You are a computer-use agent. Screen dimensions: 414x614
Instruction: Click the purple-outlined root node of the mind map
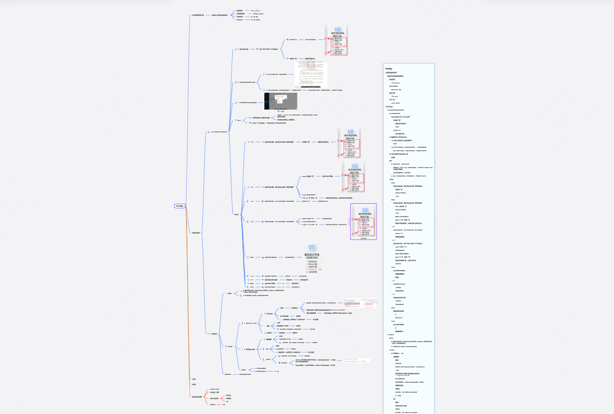tap(180, 206)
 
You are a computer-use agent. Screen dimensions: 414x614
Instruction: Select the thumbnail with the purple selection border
tap(364, 221)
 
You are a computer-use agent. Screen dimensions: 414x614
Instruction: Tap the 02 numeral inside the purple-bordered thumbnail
tap(365, 210)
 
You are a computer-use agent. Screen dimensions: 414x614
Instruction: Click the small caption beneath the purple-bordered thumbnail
tap(364, 238)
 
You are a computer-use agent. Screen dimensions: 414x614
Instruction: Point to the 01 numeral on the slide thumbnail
tap(311, 247)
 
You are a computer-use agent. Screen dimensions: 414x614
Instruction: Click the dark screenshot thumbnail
tap(280, 101)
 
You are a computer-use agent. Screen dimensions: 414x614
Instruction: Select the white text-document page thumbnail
tap(311, 74)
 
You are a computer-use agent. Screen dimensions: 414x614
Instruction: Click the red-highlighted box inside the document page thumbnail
tap(311, 86)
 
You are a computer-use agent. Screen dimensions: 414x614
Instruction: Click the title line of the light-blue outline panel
tap(389, 68)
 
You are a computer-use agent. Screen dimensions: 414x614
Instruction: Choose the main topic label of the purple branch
tap(197, 15)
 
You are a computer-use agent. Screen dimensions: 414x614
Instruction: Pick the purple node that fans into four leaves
tap(220, 15)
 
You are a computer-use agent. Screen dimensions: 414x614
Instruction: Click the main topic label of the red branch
tap(198, 397)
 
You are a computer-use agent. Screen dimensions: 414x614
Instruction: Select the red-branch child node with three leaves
tap(214, 399)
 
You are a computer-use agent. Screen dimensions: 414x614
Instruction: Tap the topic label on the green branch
tap(194, 379)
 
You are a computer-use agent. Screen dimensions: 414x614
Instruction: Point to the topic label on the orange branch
tap(194, 384)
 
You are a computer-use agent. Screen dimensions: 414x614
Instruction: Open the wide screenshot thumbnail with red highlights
tap(361, 303)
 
